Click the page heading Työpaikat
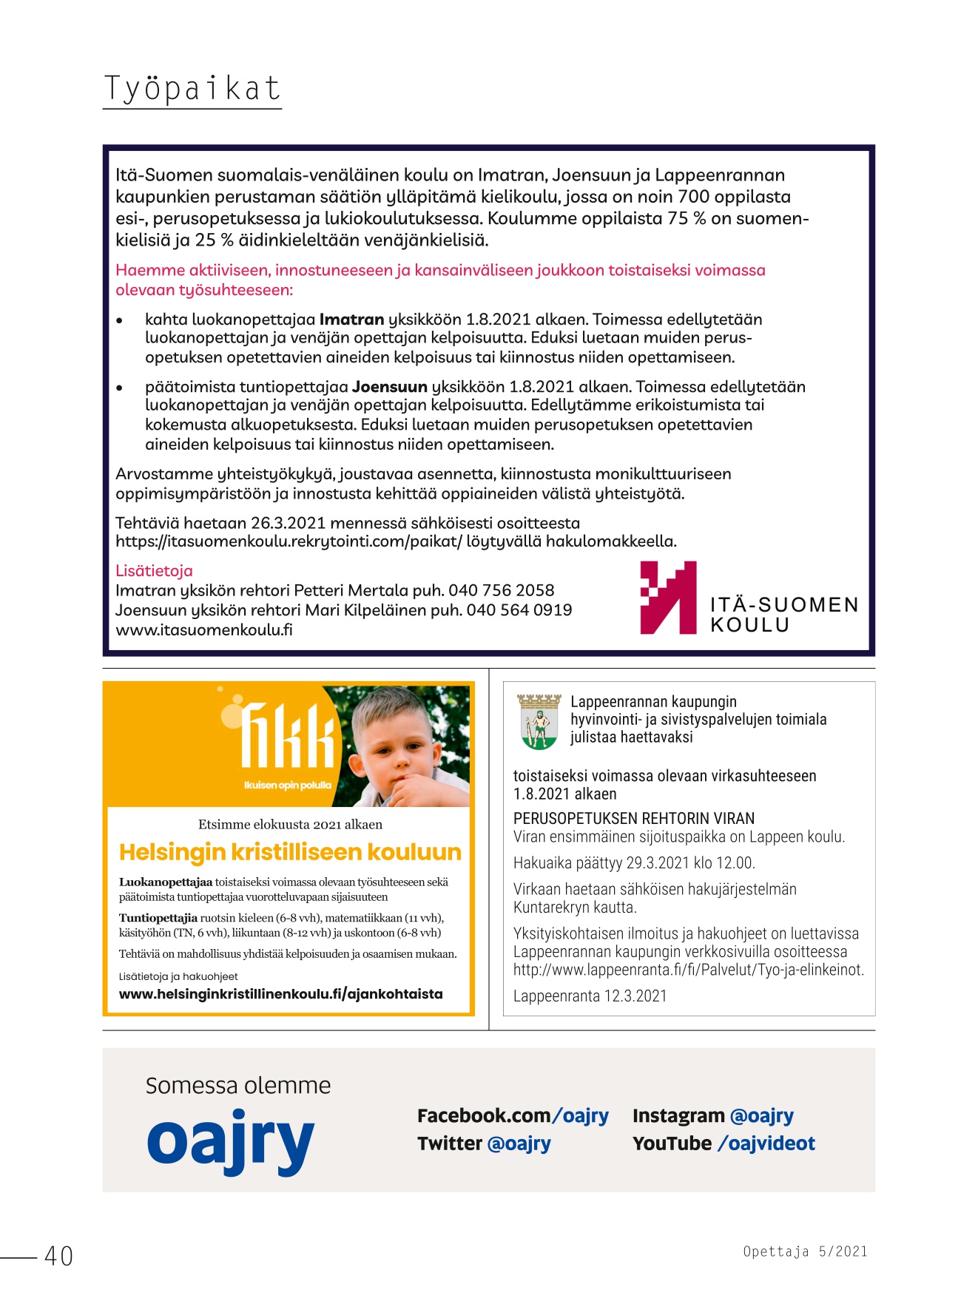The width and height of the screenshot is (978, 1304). point(192,89)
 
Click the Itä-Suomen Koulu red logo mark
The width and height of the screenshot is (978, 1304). point(668,598)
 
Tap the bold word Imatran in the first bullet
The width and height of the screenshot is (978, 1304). point(351,320)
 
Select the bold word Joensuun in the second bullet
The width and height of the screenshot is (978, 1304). point(389,387)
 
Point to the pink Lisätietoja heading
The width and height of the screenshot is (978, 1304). point(154,571)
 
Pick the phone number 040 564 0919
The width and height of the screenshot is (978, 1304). point(519,610)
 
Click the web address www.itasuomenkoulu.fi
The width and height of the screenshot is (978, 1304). point(203,630)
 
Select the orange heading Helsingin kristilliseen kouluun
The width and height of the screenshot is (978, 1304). point(290,852)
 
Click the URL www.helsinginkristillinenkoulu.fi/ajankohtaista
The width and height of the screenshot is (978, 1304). point(280,994)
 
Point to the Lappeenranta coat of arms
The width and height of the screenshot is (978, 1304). point(539,721)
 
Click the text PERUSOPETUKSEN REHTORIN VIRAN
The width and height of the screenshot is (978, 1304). point(634,819)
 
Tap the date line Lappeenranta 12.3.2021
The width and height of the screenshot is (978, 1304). point(590,996)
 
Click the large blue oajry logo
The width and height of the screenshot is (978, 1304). point(230,1141)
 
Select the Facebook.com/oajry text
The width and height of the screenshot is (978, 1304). point(513,1116)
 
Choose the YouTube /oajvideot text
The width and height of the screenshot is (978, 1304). point(723,1143)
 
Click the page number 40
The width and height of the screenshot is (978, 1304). point(58,1256)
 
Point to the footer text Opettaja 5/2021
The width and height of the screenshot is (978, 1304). point(805,1251)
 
